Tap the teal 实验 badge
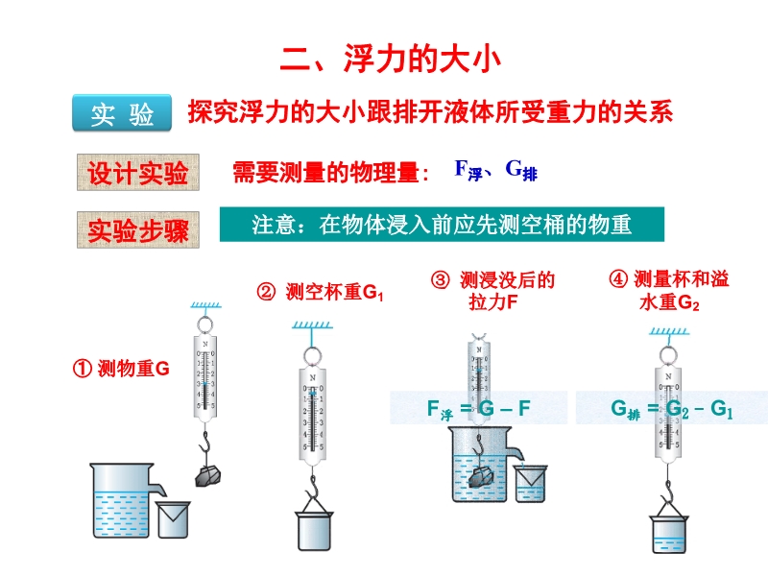click(122, 115)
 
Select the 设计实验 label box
click(137, 173)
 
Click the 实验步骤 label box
click(137, 230)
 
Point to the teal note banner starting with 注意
click(441, 225)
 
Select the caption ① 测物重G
click(121, 368)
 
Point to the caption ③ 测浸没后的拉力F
click(493, 291)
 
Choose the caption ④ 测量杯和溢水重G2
click(669, 291)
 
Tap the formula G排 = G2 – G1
click(671, 409)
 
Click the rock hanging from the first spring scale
click(208, 474)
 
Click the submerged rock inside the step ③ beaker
click(483, 477)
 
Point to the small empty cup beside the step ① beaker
click(173, 519)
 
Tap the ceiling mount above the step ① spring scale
click(205, 306)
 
